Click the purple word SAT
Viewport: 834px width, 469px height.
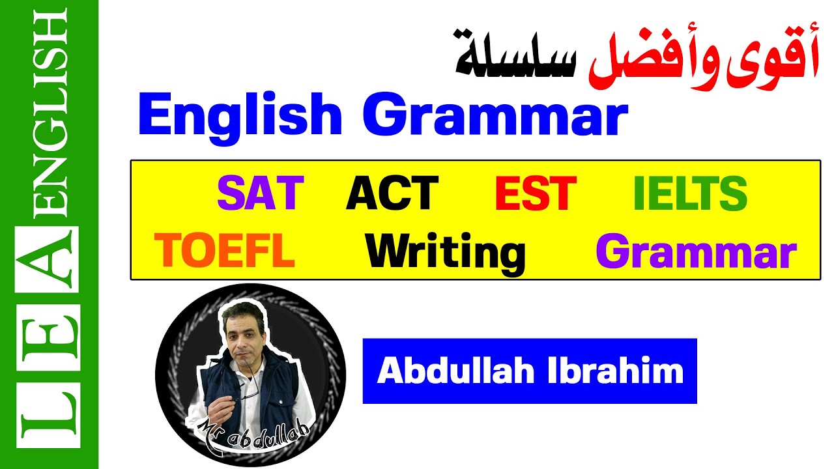pyautogui.click(x=261, y=193)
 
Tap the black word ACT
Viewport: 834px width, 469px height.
pyautogui.click(x=392, y=193)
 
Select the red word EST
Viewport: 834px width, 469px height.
pyautogui.click(x=536, y=193)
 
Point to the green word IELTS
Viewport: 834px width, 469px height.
pyautogui.click(x=690, y=193)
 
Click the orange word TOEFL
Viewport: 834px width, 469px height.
pyautogui.click(x=224, y=252)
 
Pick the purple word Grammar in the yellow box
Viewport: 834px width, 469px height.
pyautogui.click(x=696, y=252)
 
